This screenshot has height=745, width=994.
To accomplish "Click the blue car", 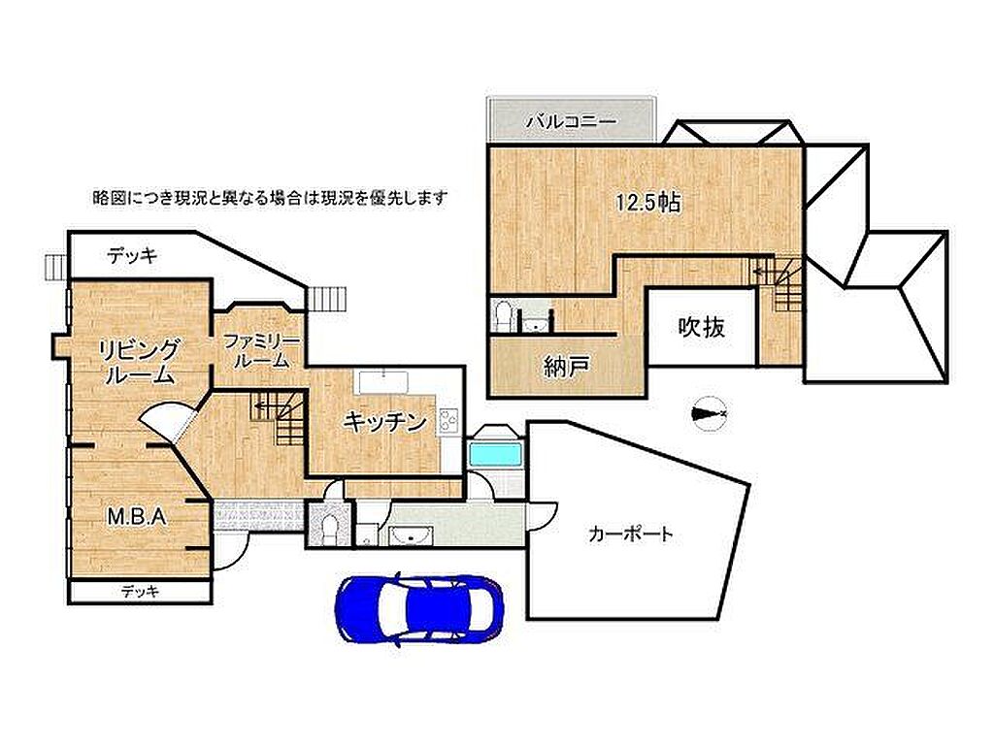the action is pos(419,609).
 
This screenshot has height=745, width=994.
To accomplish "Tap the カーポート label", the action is pos(629,534).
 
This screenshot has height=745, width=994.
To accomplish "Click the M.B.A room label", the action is pos(137,516).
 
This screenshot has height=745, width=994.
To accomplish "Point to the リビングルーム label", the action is pos(139,362).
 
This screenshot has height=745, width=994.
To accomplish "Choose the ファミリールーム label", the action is pos(261,351).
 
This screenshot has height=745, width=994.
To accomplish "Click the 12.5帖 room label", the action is pos(648,203).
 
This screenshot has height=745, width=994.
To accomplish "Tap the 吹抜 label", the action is pos(702,327).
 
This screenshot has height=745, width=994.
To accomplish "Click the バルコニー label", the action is pos(571,121).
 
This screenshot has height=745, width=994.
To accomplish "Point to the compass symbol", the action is pos(710,413).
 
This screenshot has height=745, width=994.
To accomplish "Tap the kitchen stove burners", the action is pos(448,421).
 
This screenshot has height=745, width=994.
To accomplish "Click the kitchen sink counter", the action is pos(384,383).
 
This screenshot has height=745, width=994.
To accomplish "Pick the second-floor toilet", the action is pos(503,317).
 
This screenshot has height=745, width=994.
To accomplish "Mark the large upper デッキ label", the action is pos(132,256).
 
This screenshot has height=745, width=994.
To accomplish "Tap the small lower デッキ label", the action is pos(140,592).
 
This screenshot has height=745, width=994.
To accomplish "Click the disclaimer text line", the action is pos(271,198).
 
